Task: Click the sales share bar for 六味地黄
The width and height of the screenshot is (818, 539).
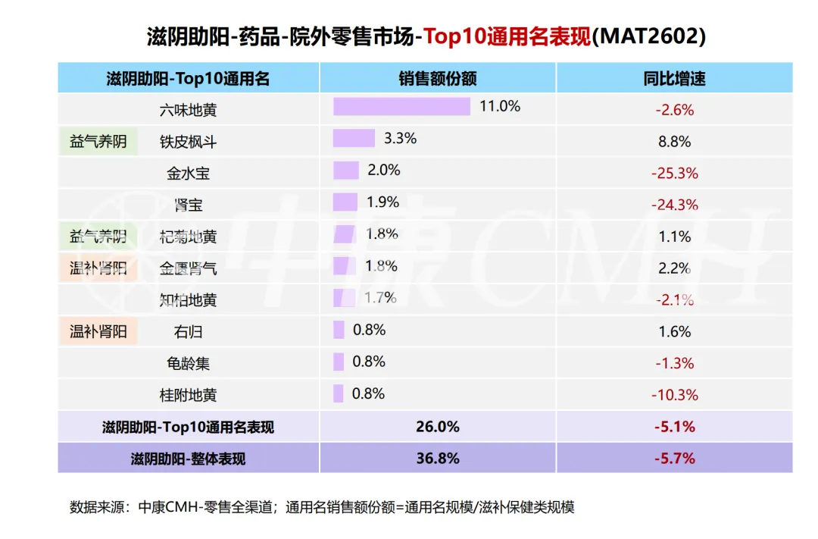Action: coord(401,107)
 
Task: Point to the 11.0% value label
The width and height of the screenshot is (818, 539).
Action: coord(500,107)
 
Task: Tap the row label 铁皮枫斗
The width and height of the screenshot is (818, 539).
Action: coord(188,142)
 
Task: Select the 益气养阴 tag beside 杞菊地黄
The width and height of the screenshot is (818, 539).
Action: coord(98,237)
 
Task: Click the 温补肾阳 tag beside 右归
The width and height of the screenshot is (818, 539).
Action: coord(98,331)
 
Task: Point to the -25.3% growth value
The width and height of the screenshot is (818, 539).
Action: coord(675,174)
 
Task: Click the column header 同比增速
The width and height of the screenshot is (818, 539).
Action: coord(674,78)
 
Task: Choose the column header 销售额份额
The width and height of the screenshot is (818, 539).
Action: coord(438,78)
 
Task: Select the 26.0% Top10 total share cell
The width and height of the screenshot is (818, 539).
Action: coord(438,427)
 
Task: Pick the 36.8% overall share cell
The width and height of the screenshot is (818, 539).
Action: coord(438,459)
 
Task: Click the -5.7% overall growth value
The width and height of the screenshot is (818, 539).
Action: coord(675,459)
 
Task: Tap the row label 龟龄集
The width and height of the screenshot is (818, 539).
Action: coord(188,364)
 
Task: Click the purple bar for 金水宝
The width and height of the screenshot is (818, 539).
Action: coord(346,171)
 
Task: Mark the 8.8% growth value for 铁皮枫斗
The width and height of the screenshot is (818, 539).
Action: coord(675,142)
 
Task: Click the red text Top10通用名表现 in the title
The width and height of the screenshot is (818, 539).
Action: coord(507,36)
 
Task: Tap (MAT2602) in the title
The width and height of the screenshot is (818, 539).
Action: coord(648,36)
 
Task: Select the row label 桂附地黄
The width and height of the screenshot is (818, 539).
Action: coord(188,396)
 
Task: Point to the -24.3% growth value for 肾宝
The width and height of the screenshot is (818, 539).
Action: coord(675,205)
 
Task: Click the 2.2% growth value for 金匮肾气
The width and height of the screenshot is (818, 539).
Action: coord(675,268)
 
